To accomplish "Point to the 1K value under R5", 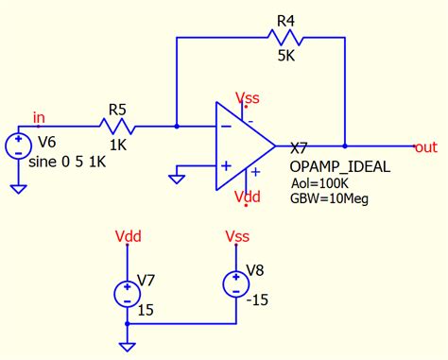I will click(117, 147).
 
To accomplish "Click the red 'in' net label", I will click(39, 116).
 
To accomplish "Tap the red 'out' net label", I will click(425, 147).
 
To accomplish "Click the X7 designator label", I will click(299, 148).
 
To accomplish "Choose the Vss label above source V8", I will click(236, 235).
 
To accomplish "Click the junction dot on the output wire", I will click(345, 146).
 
